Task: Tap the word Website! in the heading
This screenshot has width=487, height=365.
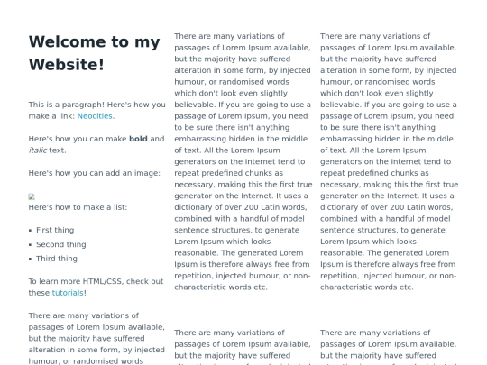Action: click(67, 64)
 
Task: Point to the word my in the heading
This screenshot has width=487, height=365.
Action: click(146, 41)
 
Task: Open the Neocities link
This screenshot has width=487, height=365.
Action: click(95, 116)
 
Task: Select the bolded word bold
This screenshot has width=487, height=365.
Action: click(138, 139)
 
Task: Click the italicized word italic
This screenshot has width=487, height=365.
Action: click(38, 151)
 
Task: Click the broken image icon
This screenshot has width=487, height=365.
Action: click(32, 196)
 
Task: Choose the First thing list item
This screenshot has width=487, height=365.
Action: click(55, 230)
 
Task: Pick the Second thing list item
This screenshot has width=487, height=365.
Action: click(60, 244)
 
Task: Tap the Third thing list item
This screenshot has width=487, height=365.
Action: click(57, 259)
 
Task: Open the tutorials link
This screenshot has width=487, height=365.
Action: click(68, 293)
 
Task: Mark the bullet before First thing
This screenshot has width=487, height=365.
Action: click(31, 231)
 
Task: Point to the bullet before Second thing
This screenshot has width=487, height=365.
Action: click(31, 245)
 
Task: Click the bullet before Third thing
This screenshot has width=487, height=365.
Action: click(31, 260)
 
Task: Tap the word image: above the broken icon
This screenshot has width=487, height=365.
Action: click(149, 173)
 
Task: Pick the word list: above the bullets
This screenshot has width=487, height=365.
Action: click(116, 207)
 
